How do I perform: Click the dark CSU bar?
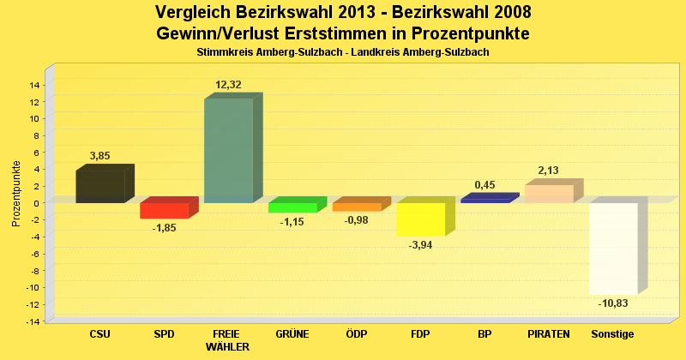pos(100,186)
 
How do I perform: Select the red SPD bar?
pos(164,210)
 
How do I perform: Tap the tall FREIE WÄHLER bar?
pos(228,151)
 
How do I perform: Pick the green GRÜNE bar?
pos(292,207)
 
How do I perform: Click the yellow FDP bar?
pos(420,219)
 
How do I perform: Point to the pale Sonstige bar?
pos(613,248)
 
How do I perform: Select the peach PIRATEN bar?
pos(549,194)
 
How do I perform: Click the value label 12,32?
pos(229,85)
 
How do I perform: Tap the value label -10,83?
pos(612,303)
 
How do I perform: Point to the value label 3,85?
pos(100,156)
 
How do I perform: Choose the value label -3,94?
pos(420,244)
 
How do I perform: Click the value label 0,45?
pos(484,185)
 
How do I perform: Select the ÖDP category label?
pos(356,333)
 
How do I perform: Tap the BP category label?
pos(484,333)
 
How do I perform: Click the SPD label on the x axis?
pos(164,333)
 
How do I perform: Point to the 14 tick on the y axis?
pos(35,85)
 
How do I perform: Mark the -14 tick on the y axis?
pos(33,321)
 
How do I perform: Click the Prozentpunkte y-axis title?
pos(16,194)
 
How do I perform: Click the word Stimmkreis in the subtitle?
pos(220,53)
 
